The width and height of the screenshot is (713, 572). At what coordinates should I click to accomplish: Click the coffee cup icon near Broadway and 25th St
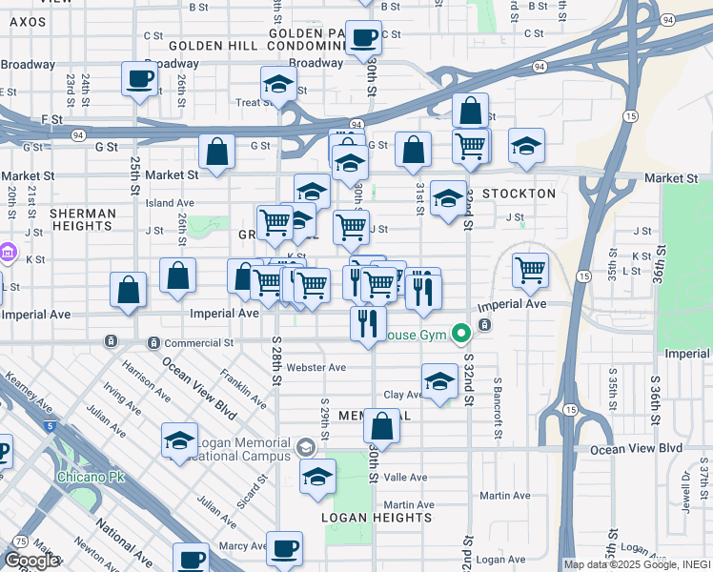tap(139, 78)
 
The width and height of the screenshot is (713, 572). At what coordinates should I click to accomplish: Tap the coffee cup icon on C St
tap(362, 38)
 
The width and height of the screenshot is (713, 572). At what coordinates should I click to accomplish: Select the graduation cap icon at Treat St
tap(278, 84)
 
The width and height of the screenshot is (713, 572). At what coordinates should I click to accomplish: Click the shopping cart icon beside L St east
tap(530, 269)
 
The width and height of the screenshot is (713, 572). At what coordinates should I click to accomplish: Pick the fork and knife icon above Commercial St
tap(367, 323)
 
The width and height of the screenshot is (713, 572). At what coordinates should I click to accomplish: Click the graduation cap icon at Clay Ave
tap(438, 382)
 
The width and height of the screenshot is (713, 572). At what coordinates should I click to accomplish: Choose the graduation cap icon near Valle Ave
tap(317, 479)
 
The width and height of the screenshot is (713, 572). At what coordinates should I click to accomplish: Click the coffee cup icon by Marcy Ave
tap(284, 549)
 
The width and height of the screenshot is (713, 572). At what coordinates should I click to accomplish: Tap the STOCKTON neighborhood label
tap(519, 194)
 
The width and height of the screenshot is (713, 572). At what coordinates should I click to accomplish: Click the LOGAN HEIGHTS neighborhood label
tap(377, 518)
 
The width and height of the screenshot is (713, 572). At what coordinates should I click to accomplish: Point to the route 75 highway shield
tap(21, 541)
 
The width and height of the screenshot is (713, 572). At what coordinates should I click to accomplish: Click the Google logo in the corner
tap(31, 561)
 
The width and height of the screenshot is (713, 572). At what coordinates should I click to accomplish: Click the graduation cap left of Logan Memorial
tap(178, 440)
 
